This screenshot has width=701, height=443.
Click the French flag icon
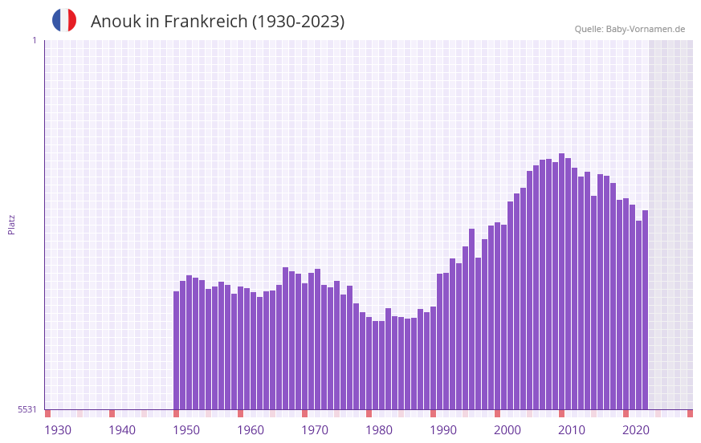point(64,21)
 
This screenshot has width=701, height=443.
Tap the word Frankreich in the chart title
point(206,22)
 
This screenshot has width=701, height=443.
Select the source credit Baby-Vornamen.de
point(646,29)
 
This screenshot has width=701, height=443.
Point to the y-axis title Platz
point(11,224)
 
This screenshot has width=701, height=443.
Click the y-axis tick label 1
point(34,40)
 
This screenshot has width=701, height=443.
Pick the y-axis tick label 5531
point(27,409)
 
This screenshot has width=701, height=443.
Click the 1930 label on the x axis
point(58,430)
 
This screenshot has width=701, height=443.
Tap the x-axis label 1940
point(122,430)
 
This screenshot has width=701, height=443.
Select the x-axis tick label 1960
point(251,430)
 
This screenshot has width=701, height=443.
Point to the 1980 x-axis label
point(379,430)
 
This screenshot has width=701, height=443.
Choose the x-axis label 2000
point(507,430)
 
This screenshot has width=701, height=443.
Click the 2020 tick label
point(636,430)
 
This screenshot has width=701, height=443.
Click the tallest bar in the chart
point(561,281)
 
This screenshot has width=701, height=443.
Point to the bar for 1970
point(304,346)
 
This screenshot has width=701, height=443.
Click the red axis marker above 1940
point(112,413)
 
